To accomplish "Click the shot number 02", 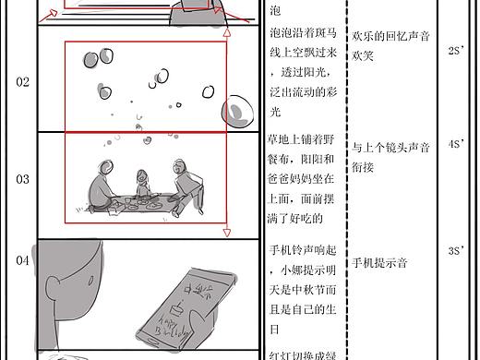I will (x=22, y=81).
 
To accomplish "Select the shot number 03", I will (x=22, y=179).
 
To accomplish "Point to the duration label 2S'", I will (x=454, y=51).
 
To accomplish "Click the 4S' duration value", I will (x=455, y=144).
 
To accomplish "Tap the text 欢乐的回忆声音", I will (x=391, y=36).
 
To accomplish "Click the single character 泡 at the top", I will (x=274, y=11).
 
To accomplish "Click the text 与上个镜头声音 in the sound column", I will (x=391, y=147).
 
